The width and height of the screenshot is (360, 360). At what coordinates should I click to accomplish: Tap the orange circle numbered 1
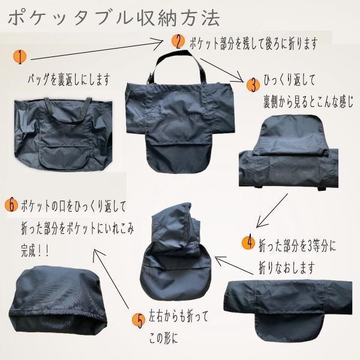click(20, 57)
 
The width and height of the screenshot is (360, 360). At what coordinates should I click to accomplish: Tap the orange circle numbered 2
click(178, 41)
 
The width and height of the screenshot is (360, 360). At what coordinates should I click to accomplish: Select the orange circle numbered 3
click(253, 83)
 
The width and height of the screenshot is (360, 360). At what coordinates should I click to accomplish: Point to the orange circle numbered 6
click(10, 204)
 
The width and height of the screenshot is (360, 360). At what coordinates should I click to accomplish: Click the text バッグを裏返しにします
click(70, 79)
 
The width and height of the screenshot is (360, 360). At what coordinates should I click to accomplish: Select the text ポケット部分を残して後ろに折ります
click(252, 44)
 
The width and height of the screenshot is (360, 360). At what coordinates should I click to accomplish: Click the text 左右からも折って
click(179, 315)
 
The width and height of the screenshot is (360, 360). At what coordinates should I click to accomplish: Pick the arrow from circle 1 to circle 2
click(96, 50)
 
